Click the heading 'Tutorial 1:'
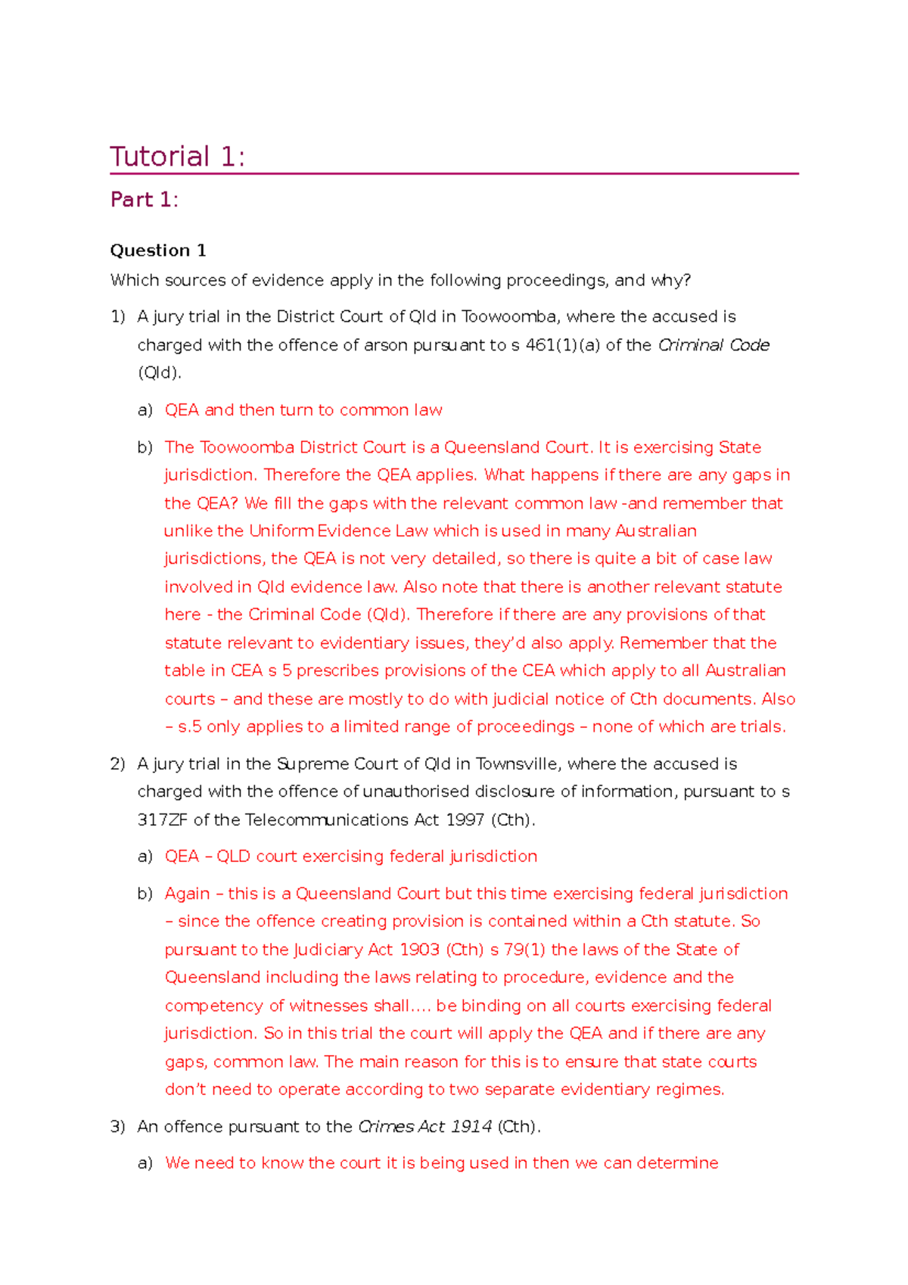pyautogui.click(x=177, y=157)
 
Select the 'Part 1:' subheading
pyautogui.click(x=144, y=200)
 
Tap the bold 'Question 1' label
pyautogui.click(x=157, y=250)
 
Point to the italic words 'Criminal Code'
pyautogui.click(x=714, y=345)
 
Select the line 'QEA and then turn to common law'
pyautogui.click(x=303, y=410)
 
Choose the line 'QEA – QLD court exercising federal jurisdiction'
pyautogui.click(x=350, y=856)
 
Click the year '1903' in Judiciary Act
pyautogui.click(x=419, y=950)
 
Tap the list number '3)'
pyautogui.click(x=117, y=1126)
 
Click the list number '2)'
pyautogui.click(x=117, y=764)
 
